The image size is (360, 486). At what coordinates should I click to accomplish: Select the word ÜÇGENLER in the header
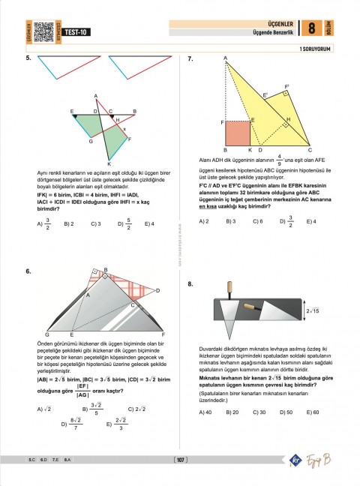point(274,23)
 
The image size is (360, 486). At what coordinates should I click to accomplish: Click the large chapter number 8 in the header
point(311,29)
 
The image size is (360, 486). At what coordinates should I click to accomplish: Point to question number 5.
point(28,58)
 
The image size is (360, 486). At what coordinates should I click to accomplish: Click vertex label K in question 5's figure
point(109,163)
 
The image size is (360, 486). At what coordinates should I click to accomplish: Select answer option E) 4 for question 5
point(148,223)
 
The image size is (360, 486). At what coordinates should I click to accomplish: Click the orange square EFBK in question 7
point(238,132)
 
